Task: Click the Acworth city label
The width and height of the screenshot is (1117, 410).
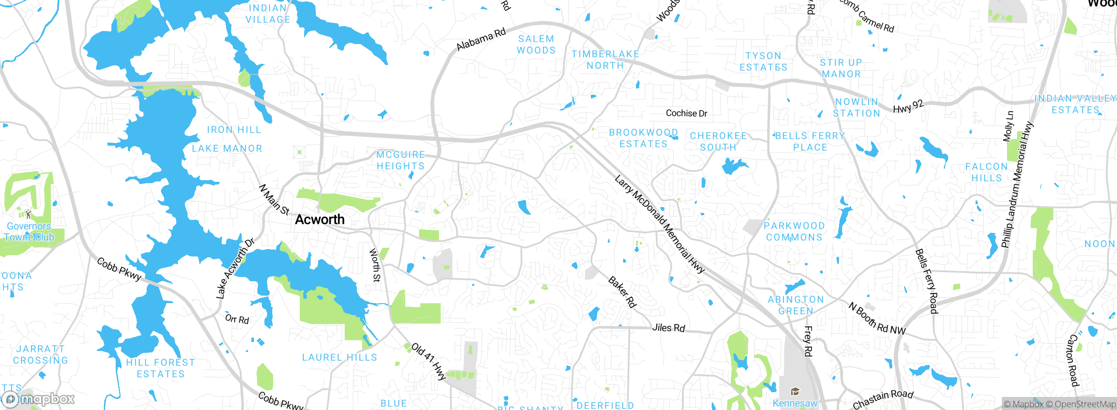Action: pos(320,219)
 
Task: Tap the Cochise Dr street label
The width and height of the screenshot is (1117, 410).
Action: pos(686,113)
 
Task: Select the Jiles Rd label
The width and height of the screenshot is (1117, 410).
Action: pos(668,328)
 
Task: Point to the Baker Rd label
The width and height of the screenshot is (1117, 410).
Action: pos(622,292)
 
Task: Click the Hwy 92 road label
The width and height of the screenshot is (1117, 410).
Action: pos(908,106)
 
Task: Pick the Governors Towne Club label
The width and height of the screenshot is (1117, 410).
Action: pos(29,232)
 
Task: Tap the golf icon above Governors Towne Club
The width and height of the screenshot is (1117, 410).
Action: pos(28,214)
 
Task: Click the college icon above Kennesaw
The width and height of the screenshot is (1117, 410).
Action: pos(795,391)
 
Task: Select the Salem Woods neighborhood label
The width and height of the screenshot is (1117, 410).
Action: pos(536,44)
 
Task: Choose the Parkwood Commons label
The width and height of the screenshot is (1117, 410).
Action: pos(794,232)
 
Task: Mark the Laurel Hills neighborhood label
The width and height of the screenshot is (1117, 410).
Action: pos(339,357)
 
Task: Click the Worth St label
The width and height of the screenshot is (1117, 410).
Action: pos(375,265)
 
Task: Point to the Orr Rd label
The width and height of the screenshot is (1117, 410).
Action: pos(237,319)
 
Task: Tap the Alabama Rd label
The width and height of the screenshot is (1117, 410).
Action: pos(481,39)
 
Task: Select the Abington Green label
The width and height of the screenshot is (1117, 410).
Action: pos(796,305)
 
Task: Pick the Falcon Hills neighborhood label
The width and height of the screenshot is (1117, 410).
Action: pos(986,172)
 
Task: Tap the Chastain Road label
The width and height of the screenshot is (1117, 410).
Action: pos(883,399)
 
